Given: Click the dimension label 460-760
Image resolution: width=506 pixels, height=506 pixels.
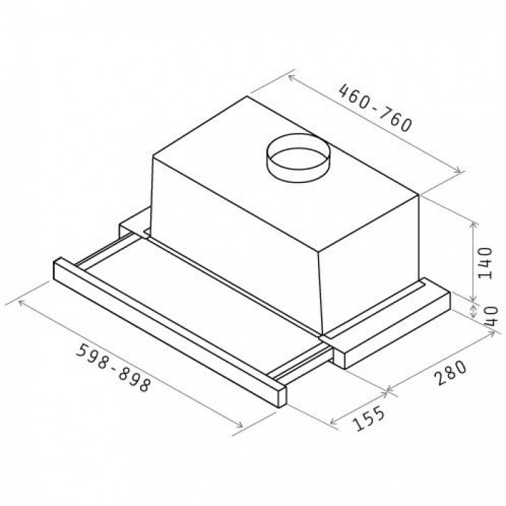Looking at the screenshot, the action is pos(376,108).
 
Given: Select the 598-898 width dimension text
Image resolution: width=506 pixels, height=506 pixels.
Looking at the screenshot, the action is pos(113,367).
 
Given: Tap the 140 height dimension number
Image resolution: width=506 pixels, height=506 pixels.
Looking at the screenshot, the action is pos(485,262).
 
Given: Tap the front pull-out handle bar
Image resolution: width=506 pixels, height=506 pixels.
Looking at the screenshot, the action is pos(169,332).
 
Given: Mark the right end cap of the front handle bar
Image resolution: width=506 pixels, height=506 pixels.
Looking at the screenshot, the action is pos(281,396).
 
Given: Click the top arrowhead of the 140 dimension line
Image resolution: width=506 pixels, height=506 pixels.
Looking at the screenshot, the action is pos(473,225).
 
